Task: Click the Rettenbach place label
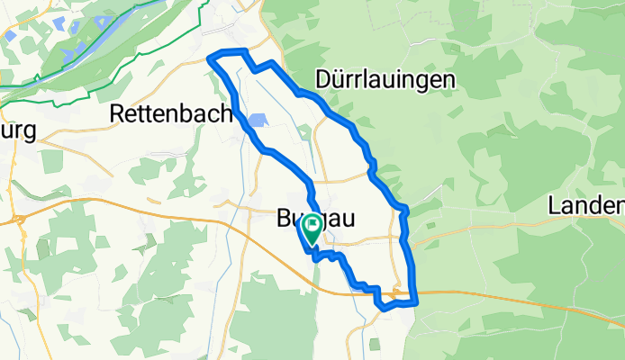tap(171, 113)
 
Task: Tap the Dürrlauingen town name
tap(385, 80)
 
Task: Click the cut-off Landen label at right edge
tap(585, 206)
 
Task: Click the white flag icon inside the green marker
tap(312, 225)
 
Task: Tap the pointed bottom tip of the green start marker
tap(312, 246)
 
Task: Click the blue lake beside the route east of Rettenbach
tap(256, 121)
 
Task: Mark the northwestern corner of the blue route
tap(211, 59)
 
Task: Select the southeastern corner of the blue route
tap(415, 301)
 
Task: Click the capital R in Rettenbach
tap(116, 113)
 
